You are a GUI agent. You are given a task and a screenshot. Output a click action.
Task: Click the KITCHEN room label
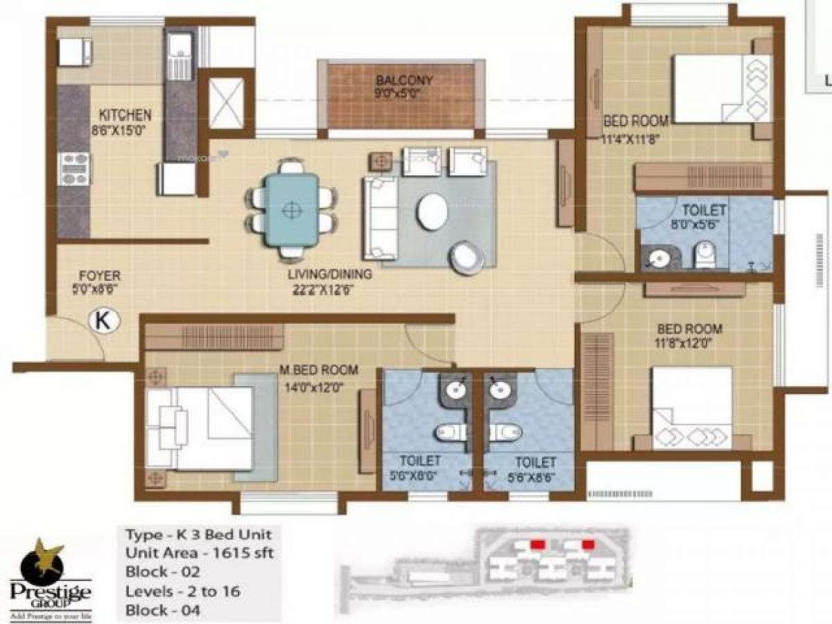click(125, 114)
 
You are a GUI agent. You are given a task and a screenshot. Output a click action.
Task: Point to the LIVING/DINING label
click(330, 275)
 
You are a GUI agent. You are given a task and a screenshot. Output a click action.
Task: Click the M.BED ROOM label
click(319, 370)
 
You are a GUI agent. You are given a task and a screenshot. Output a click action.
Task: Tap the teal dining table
click(291, 209)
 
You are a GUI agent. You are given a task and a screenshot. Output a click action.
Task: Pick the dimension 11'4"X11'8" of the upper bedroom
click(635, 137)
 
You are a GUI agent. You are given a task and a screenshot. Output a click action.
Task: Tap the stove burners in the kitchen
click(74, 168)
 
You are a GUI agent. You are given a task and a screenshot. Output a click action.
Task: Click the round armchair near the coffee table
click(466, 257)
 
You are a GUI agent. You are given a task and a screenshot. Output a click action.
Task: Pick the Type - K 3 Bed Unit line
click(198, 535)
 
